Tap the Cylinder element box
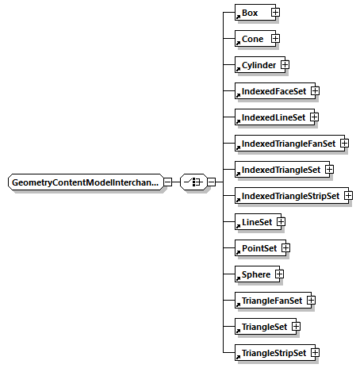pos(256,64)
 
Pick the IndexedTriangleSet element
pos(278,170)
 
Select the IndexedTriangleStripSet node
pos(288,196)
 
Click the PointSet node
pos(256,248)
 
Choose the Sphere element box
pos(254,274)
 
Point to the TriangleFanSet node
pos(270,301)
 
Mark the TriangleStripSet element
pos(272,352)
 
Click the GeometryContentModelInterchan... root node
pos(85,182)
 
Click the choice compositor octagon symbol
pos(193,182)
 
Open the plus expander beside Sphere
pos(279,274)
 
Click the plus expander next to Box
pos(274,13)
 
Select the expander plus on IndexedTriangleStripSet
pos(348,196)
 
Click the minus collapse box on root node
pos(168,182)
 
